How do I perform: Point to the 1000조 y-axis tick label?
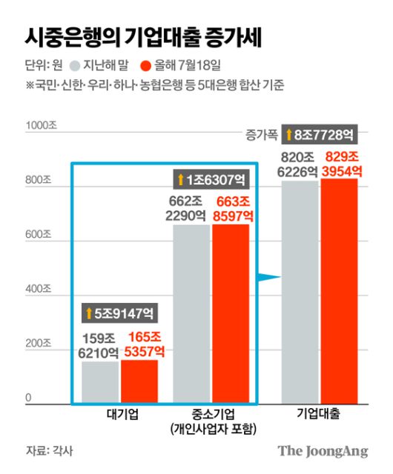pos(41,126)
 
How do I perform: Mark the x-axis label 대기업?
pos(119,414)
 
